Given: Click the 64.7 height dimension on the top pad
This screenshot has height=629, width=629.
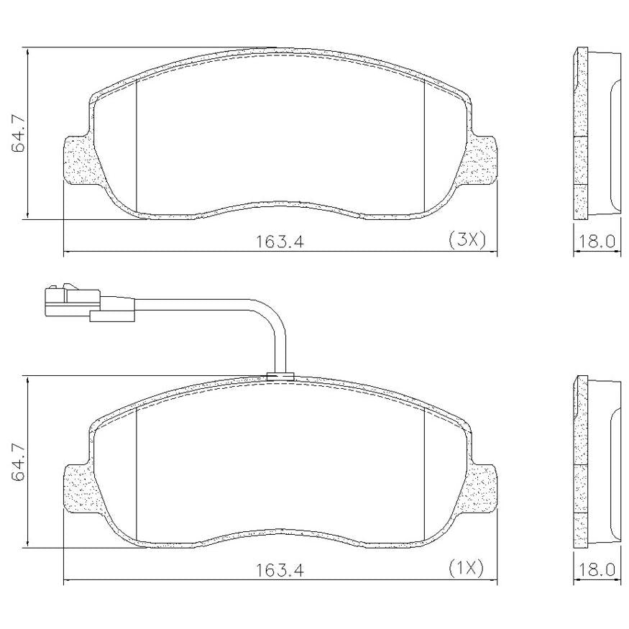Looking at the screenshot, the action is [19, 134].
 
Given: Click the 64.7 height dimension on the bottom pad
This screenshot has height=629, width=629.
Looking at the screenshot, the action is [19, 462].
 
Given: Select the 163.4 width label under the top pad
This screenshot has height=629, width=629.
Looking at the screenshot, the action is [280, 242].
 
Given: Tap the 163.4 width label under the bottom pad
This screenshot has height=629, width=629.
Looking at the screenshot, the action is [280, 570].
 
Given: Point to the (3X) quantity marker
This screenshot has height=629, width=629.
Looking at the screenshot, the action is [467, 240].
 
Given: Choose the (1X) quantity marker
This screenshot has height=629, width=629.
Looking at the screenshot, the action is [466, 568].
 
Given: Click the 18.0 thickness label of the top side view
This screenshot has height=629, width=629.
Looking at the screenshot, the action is [596, 242].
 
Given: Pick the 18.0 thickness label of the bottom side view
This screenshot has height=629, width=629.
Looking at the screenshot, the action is [596, 570].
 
